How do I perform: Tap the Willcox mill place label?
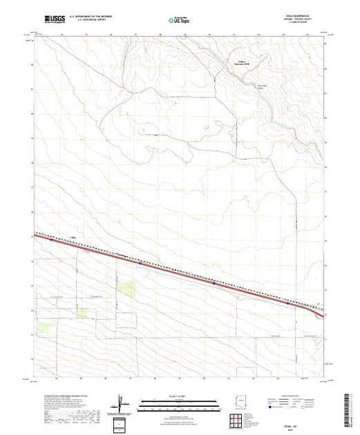click(238, 68)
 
